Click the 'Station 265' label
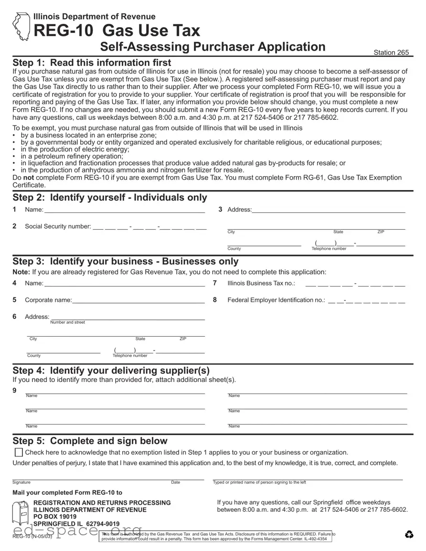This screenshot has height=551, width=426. tap(391, 53)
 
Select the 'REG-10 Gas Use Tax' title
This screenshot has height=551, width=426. tap(117, 31)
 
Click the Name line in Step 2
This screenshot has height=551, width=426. tap(124, 210)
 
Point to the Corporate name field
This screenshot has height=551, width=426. tap(138, 300)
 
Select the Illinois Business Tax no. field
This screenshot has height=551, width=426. tap(355, 283)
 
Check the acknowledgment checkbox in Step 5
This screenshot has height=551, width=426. tap(19, 453)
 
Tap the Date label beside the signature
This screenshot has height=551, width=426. tap(176, 482)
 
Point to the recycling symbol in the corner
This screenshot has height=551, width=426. tap(409, 535)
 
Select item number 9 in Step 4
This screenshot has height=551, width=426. tap(15, 391)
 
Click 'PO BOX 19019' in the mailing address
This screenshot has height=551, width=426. tap(55, 517)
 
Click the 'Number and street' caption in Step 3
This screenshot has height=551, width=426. tap(67, 322)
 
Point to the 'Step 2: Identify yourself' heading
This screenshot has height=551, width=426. tap(110, 198)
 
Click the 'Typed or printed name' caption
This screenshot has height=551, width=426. tap(259, 482)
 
